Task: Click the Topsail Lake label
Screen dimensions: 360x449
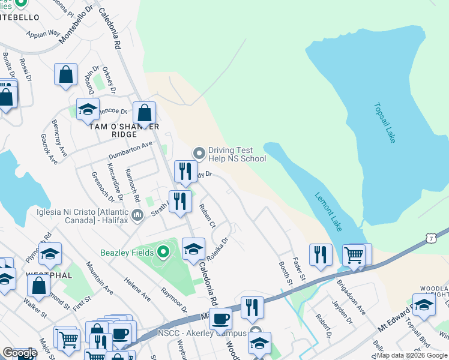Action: [385, 123]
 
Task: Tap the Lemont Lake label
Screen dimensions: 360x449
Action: [329, 210]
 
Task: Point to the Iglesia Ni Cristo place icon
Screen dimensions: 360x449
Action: [137, 215]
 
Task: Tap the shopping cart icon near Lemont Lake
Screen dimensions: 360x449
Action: [354, 255]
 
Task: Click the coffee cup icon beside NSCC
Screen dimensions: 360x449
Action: [220, 319]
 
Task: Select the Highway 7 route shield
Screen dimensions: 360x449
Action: [431, 239]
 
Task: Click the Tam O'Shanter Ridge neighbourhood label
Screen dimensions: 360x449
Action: [124, 130]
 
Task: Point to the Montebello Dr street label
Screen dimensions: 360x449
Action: [77, 23]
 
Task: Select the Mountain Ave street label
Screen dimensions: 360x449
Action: [99, 278]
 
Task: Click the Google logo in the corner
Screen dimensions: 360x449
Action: [19, 353]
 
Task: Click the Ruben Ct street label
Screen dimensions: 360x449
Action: [207, 217]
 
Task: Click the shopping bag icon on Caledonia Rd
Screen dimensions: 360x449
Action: [145, 113]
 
